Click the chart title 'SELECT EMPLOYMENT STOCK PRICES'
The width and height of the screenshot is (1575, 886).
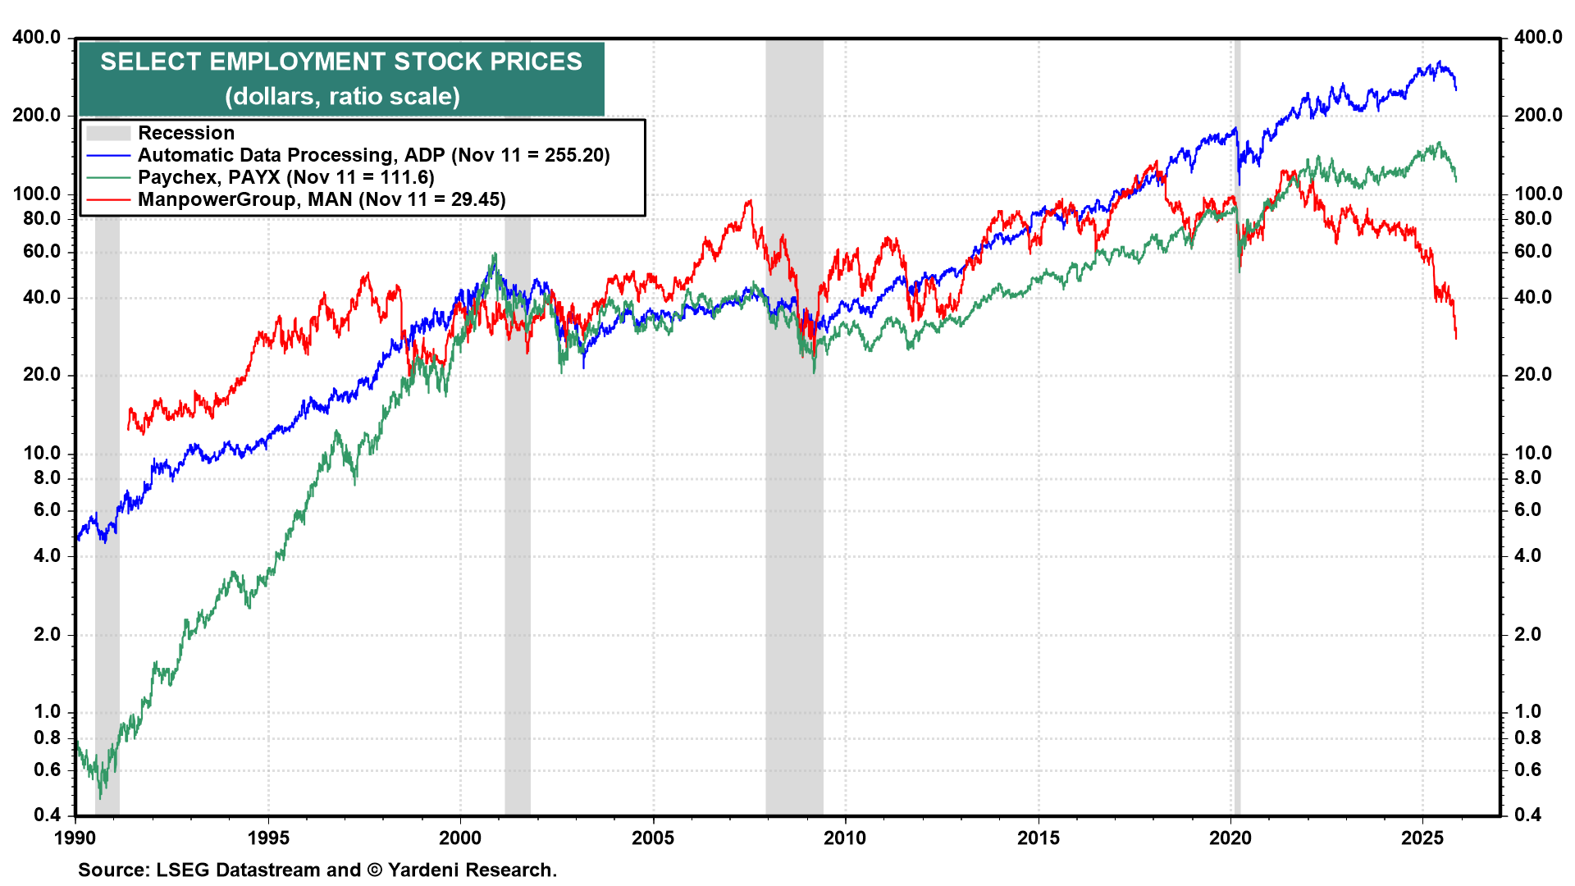(341, 62)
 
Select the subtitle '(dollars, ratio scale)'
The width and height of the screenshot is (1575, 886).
(342, 96)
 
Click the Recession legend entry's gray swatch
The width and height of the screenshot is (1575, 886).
(108, 133)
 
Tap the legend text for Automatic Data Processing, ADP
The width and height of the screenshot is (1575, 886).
(373, 155)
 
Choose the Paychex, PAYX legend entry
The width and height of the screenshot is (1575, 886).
(285, 177)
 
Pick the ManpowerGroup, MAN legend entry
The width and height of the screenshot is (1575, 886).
(321, 199)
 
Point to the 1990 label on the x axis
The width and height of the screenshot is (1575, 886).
(75, 838)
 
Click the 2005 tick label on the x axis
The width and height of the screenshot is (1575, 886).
(653, 838)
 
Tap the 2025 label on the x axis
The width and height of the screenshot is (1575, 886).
(1422, 838)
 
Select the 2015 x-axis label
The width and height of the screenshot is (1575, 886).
(1039, 838)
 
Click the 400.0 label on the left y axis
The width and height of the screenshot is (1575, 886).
(37, 37)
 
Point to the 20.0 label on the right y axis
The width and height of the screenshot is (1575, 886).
(1532, 375)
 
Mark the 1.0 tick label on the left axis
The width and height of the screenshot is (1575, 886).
(48, 712)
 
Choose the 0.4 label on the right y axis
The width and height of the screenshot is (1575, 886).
(1527, 815)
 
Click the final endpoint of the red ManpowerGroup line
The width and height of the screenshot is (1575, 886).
(1456, 338)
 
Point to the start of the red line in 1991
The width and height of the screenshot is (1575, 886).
(129, 427)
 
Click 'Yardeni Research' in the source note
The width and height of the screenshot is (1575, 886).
(471, 870)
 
